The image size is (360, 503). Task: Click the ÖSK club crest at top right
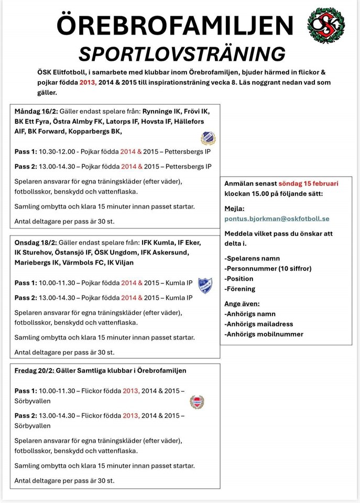326,25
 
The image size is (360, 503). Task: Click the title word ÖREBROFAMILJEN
174,25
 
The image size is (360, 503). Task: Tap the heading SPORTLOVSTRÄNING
182,54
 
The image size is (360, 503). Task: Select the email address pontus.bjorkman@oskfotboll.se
277,218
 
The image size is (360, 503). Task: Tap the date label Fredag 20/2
34,370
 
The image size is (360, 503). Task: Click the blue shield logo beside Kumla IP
205,285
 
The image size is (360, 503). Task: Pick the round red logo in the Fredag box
197,402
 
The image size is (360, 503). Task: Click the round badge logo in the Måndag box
208,138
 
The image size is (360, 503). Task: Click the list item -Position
239,278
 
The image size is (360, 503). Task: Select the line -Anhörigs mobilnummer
264,334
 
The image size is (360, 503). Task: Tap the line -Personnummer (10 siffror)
268,268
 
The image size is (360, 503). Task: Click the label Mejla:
234,208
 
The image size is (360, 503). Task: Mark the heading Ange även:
242,303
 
